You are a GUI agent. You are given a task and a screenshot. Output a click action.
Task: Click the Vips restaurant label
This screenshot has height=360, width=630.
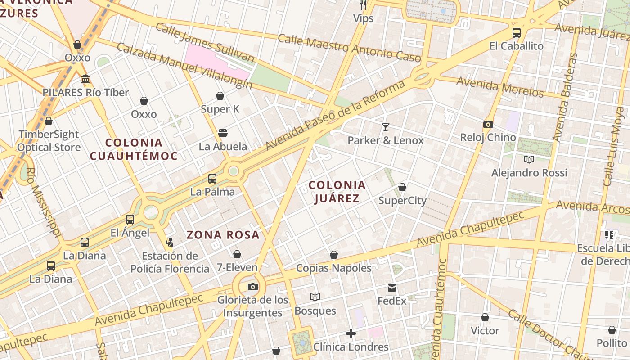[x=363, y=18]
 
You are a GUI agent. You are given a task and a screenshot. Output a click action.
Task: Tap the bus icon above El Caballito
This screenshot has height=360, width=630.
[x=517, y=33]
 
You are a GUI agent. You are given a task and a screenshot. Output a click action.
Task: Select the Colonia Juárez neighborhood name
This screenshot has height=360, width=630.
[x=337, y=192]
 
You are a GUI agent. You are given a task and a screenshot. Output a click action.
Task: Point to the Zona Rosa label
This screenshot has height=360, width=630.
[x=223, y=234]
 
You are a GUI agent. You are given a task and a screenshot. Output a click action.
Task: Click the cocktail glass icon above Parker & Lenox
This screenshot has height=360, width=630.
[x=385, y=127]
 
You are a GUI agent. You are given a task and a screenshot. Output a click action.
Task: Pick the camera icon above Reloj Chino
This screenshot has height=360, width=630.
[x=488, y=124]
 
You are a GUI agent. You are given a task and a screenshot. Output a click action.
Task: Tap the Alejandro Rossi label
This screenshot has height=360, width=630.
[x=529, y=173]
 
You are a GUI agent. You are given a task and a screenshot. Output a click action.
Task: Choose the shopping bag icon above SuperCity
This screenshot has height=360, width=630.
[x=402, y=187]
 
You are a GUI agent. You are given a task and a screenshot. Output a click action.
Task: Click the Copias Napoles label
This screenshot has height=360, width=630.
[x=333, y=268]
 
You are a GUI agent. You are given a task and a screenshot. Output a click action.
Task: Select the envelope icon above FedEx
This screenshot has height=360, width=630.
[x=392, y=288]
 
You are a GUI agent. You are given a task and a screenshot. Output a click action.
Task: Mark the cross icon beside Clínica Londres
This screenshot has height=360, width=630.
[x=351, y=333]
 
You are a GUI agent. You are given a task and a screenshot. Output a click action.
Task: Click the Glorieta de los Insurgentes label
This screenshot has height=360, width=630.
[x=253, y=306]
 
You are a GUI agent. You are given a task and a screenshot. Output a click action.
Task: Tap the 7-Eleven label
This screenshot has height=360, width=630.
[x=237, y=267]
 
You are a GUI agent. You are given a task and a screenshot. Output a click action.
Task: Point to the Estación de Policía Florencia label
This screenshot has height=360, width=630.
[x=170, y=262]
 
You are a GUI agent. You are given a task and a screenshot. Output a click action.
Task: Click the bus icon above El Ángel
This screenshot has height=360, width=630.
[x=130, y=220]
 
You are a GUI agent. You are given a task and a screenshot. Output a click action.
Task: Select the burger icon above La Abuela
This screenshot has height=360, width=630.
[x=223, y=133]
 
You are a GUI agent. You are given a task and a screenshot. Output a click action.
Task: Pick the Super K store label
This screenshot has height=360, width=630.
[x=220, y=109]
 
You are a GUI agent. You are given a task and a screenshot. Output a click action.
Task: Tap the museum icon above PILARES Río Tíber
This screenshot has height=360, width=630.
[x=85, y=80]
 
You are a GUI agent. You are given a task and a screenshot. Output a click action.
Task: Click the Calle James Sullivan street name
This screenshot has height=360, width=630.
[x=205, y=43]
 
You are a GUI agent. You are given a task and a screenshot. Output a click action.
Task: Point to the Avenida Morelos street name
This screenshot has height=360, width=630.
[x=500, y=87]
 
